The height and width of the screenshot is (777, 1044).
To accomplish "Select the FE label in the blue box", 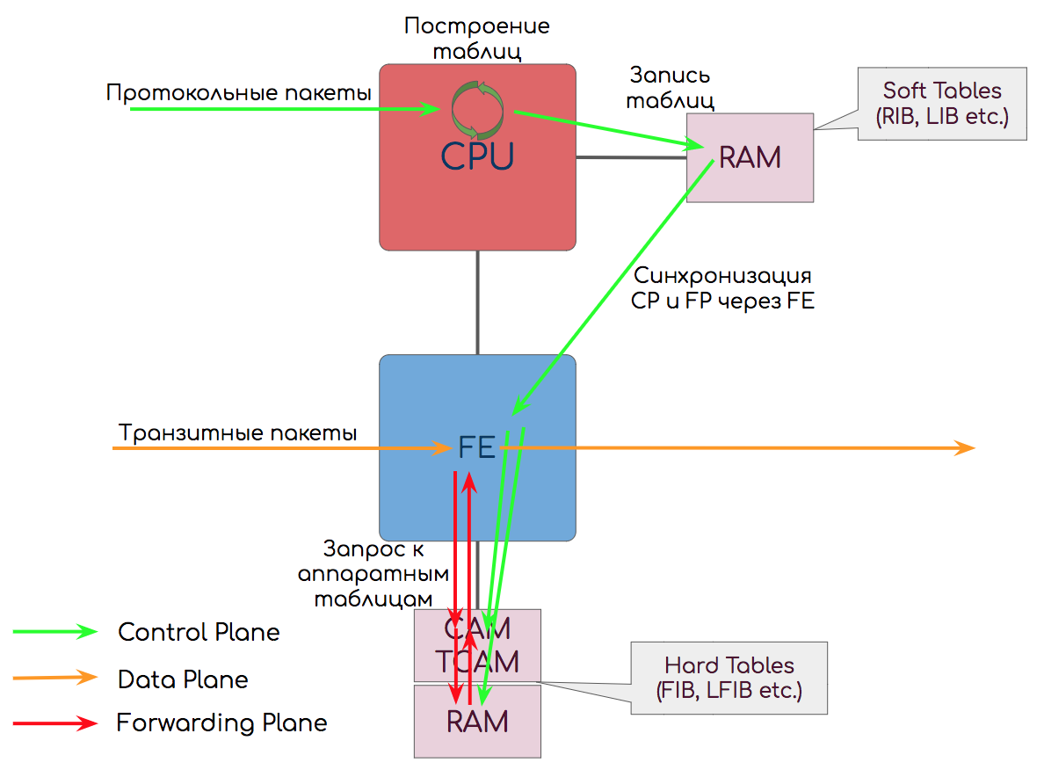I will pos(477,449).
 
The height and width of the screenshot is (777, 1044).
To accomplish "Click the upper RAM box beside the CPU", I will pos(750,157).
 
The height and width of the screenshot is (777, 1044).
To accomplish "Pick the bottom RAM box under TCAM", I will pos(477,722).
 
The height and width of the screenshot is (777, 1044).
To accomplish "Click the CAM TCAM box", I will pos(477,645).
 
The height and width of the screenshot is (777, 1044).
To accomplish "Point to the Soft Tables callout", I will pos(941,102).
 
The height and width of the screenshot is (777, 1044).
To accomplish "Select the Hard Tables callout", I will pos(729,678).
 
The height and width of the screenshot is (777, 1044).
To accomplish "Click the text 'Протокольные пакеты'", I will pos(238,92).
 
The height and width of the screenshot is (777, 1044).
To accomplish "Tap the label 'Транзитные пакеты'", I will pos(238,433).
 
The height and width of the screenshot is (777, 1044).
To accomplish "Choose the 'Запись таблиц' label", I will pos(669,87).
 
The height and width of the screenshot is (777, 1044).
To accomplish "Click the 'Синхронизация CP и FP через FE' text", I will pos(722,287).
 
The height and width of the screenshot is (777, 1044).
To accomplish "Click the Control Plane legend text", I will pos(199,632).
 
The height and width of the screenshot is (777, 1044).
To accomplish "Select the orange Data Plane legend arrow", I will pos(54,678).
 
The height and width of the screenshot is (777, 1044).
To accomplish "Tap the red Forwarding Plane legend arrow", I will pos(54,723).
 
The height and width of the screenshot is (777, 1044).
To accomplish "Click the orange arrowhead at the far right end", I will pos(967,448).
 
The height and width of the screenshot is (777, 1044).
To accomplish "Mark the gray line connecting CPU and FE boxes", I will pos(478,302).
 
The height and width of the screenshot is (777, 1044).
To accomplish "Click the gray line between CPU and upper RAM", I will pos(630,158).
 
